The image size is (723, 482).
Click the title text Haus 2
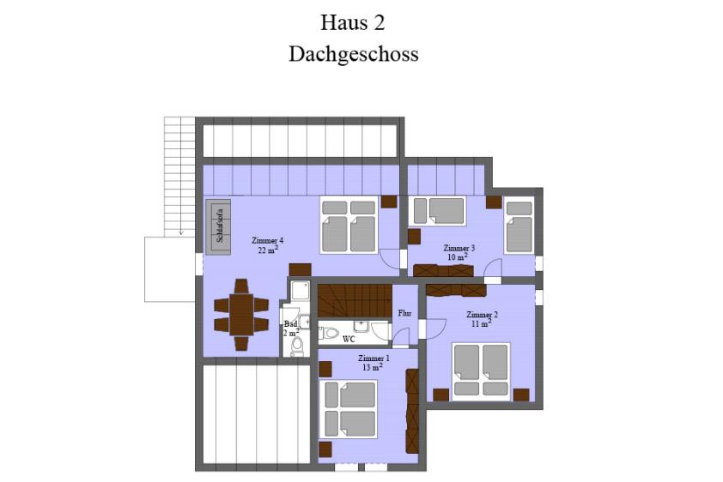[353, 23]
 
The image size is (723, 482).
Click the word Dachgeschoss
[354, 54]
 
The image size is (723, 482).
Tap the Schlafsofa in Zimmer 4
[218, 227]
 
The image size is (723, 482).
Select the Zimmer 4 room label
[267, 240]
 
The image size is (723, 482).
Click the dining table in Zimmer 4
[241, 315]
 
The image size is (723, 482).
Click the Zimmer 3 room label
[459, 248]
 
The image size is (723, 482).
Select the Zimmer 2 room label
[482, 315]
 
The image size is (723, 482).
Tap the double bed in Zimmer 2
[481, 371]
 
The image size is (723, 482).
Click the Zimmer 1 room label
[374, 358]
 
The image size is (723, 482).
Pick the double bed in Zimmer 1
[348, 409]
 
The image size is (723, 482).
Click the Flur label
[404, 314]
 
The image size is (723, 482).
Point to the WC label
[349, 340]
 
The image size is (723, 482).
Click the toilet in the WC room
[328, 333]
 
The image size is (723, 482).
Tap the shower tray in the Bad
[301, 291]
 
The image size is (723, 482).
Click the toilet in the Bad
[297, 346]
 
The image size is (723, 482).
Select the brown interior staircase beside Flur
[355, 301]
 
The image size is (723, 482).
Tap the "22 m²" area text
[268, 250]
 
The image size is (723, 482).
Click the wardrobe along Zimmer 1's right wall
[412, 411]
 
